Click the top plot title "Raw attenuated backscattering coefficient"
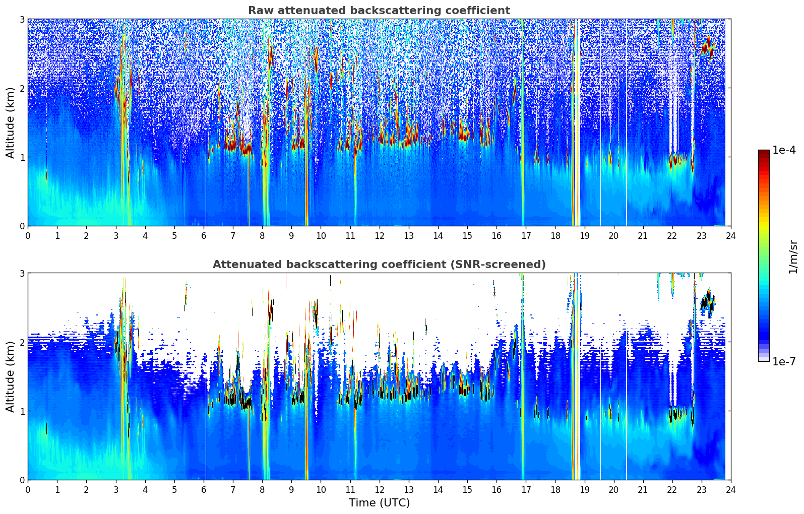pyautogui.click(x=379, y=11)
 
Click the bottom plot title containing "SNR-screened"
pyautogui.click(x=379, y=265)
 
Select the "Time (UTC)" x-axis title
pyautogui.click(x=379, y=503)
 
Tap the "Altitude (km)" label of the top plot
pyautogui.click(x=11, y=122)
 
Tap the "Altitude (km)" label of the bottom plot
pyautogui.click(x=11, y=376)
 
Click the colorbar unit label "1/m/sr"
pyautogui.click(x=793, y=256)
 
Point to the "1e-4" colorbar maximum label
pyautogui.click(x=784, y=150)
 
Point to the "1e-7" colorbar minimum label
pyautogui.click(x=784, y=361)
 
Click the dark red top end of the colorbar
pyautogui.click(x=764, y=152)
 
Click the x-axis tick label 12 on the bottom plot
pyautogui.click(x=379, y=490)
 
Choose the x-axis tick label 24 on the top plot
pyautogui.click(x=731, y=236)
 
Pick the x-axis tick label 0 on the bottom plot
pyautogui.click(x=28, y=490)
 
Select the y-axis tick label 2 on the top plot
pyautogui.click(x=22, y=88)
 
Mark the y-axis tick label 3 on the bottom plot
pyautogui.click(x=22, y=274)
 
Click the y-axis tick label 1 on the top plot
pyautogui.click(x=22, y=157)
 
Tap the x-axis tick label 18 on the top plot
pyautogui.click(x=555, y=236)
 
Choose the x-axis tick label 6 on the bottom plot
pyautogui.click(x=204, y=490)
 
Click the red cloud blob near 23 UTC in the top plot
pyautogui.click(x=709, y=48)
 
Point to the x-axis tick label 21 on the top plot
pyautogui.click(x=643, y=236)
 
